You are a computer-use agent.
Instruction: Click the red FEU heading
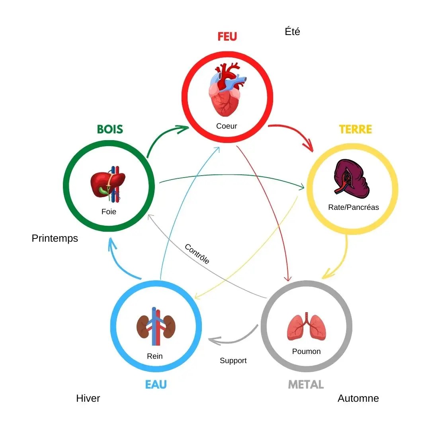pos(227,37)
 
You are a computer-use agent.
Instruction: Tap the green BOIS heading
pos(110,129)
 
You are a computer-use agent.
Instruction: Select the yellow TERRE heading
pos(356,129)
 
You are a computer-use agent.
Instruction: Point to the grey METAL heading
pos(306,385)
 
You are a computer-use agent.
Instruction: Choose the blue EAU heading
pos(156,385)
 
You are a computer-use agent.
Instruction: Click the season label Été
pos(292,31)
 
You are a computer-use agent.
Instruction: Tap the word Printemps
pos(55,238)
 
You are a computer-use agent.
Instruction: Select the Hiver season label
pos(88,398)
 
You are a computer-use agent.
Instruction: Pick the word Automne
pos(358,398)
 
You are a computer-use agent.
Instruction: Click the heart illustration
pos(227,89)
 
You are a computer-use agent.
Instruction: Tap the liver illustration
pos(108,184)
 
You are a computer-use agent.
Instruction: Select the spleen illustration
pos(351,178)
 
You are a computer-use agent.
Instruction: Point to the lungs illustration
pos(307,326)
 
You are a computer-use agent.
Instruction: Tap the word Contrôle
pos(197,254)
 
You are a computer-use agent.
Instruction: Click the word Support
pos(233,361)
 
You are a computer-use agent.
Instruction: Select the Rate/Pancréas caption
pos(354,207)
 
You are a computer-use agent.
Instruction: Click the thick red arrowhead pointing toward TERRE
pos(309,144)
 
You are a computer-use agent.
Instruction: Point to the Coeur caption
pos(227,126)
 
